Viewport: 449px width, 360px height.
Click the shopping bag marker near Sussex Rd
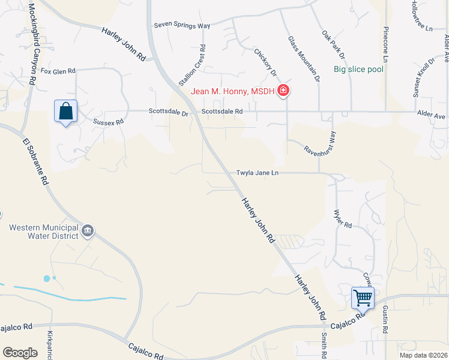[65, 112]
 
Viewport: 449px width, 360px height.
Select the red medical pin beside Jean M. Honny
[283, 91]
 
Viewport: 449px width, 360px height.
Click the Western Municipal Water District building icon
[88, 231]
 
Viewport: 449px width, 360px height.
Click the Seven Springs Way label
[182, 25]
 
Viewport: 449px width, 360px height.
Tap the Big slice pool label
[358, 69]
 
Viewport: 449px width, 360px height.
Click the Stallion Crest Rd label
[199, 65]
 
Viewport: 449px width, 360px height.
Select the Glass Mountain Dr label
[303, 58]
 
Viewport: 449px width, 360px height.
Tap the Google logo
[20, 352]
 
